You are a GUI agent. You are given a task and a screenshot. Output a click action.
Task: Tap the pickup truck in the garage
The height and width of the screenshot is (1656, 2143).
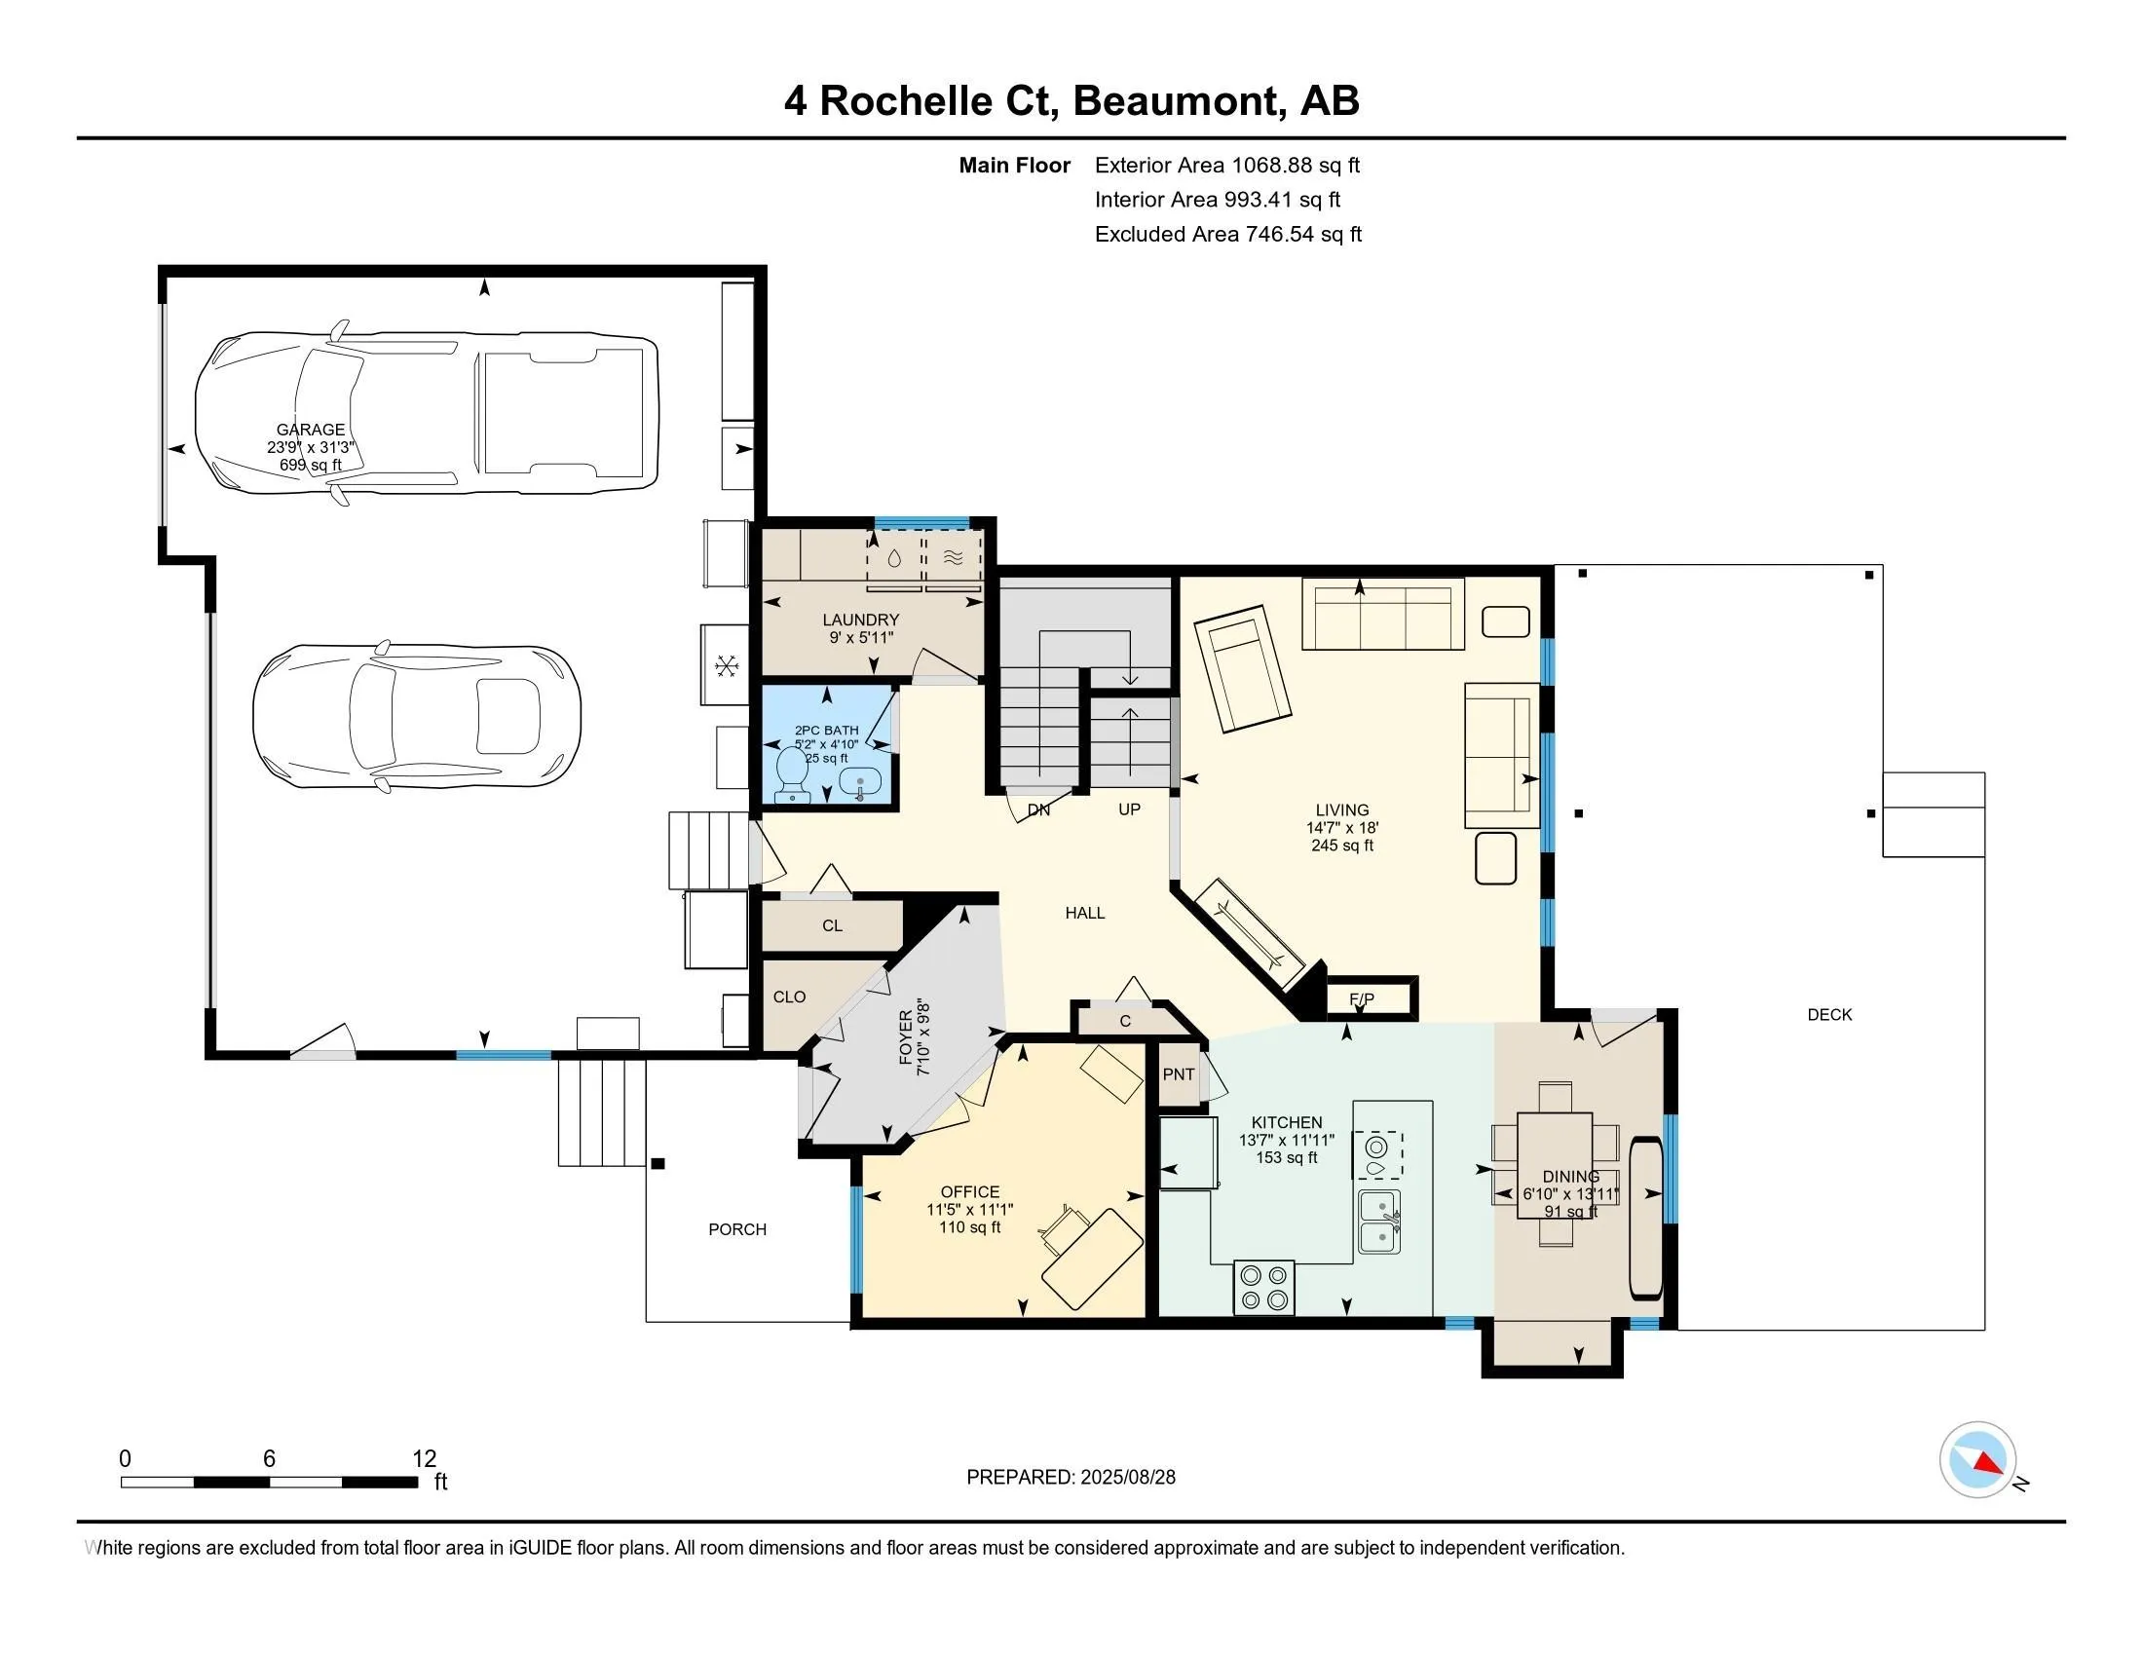coord(427,411)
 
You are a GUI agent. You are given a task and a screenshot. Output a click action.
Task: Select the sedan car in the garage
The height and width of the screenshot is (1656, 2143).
coord(417,715)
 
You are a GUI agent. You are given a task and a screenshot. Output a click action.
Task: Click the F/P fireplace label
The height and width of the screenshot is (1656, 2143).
coord(1362,998)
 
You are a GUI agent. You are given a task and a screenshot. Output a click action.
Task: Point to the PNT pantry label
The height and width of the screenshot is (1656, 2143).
coord(1179,1074)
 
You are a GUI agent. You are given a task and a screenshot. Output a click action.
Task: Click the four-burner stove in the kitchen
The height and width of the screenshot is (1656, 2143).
coord(1263,1287)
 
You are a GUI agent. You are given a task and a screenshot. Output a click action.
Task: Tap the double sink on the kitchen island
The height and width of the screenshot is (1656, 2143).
coord(1379,1222)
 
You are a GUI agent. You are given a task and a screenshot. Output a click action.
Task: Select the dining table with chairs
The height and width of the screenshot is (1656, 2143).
coord(1555,1164)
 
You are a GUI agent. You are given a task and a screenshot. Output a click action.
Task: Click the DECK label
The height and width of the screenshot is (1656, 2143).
coord(1829,1014)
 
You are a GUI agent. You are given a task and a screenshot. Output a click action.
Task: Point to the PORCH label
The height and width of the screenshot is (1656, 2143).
coord(737,1229)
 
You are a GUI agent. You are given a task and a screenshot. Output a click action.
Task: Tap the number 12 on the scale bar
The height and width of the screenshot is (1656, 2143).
coord(424,1459)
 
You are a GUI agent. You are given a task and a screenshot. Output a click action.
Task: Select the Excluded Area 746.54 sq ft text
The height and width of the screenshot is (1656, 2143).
coord(1227,234)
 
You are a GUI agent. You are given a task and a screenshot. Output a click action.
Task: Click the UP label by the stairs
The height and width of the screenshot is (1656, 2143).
coord(1129,809)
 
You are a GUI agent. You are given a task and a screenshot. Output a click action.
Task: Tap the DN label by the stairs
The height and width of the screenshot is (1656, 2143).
coord(1038,810)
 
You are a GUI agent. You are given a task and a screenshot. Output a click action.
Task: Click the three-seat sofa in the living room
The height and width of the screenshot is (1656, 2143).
coord(1382,614)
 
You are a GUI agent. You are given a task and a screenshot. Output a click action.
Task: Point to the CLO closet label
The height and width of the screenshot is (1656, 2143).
coord(789,997)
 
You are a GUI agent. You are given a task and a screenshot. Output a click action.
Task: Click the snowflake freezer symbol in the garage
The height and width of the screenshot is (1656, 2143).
coord(726,667)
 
